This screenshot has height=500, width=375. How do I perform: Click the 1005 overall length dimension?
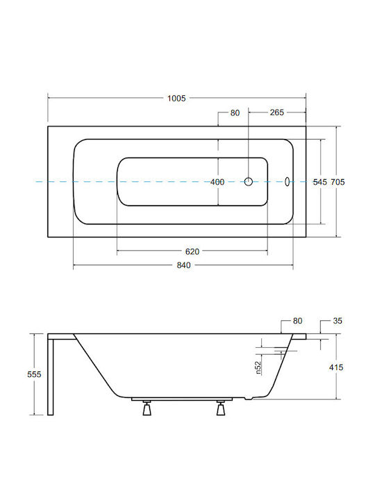click(176, 98)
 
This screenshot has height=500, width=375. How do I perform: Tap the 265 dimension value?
click(277, 112)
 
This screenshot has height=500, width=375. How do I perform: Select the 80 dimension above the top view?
click(235, 113)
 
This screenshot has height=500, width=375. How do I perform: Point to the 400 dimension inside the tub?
click(217, 182)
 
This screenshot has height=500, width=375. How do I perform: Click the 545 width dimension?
click(320, 182)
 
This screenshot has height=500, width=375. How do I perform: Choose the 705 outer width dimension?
click(337, 182)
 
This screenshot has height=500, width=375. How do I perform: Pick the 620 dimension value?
click(192, 251)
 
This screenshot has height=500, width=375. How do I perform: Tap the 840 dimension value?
click(183, 265)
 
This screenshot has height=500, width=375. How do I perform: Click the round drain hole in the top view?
click(249, 182)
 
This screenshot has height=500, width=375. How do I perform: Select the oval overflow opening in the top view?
click(287, 182)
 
